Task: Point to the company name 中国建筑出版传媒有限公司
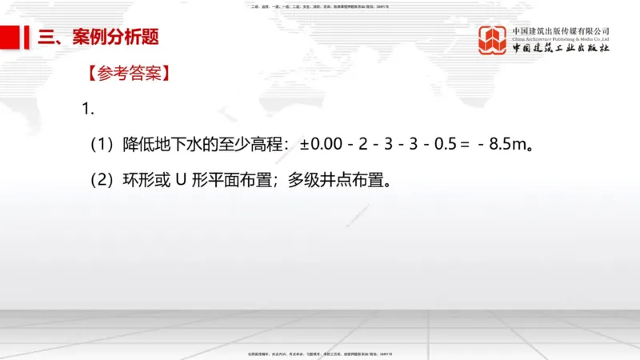[x=561, y=31]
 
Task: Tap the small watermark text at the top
[x=320, y=6]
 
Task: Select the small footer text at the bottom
[x=320, y=353]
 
